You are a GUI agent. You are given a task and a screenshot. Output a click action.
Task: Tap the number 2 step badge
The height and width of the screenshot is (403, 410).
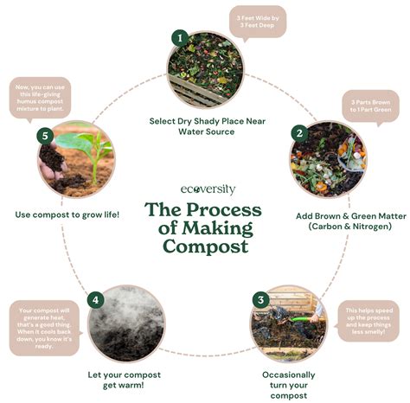point(298,133)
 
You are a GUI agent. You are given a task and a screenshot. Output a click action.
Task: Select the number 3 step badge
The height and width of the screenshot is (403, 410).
point(259,300)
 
